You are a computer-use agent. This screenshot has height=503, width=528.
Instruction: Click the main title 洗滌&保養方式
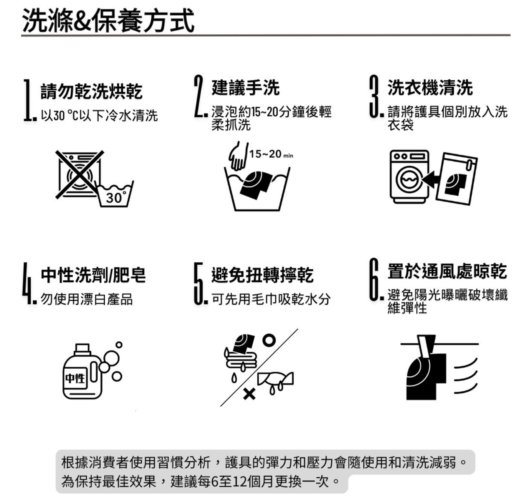click(x=108, y=21)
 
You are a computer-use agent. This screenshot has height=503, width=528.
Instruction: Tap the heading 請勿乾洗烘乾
click(x=91, y=91)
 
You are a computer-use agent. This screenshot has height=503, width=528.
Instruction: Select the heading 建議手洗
click(x=245, y=87)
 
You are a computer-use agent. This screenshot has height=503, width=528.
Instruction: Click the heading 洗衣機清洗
click(x=430, y=87)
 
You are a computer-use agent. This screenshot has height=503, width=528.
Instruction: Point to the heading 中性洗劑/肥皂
click(x=93, y=275)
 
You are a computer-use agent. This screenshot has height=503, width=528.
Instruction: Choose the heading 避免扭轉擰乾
click(x=262, y=275)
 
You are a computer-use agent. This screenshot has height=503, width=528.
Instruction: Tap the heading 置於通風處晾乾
click(x=447, y=271)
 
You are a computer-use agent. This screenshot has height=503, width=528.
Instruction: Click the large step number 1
click(x=27, y=100)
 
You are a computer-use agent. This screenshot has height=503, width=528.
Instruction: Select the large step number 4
click(x=27, y=284)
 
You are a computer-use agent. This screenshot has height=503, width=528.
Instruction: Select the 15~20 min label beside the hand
click(x=271, y=154)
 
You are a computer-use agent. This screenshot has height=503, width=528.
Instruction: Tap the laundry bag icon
click(x=456, y=178)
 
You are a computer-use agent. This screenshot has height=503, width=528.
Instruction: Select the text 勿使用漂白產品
click(x=87, y=299)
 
